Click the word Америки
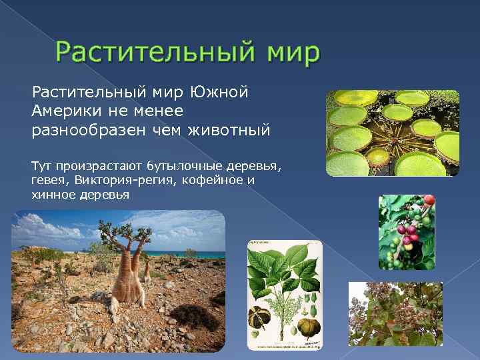[x=63, y=110]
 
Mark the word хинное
[x=52, y=196]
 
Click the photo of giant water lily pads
[x=392, y=133]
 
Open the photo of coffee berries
[x=407, y=232]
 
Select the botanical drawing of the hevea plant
[x=285, y=294]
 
